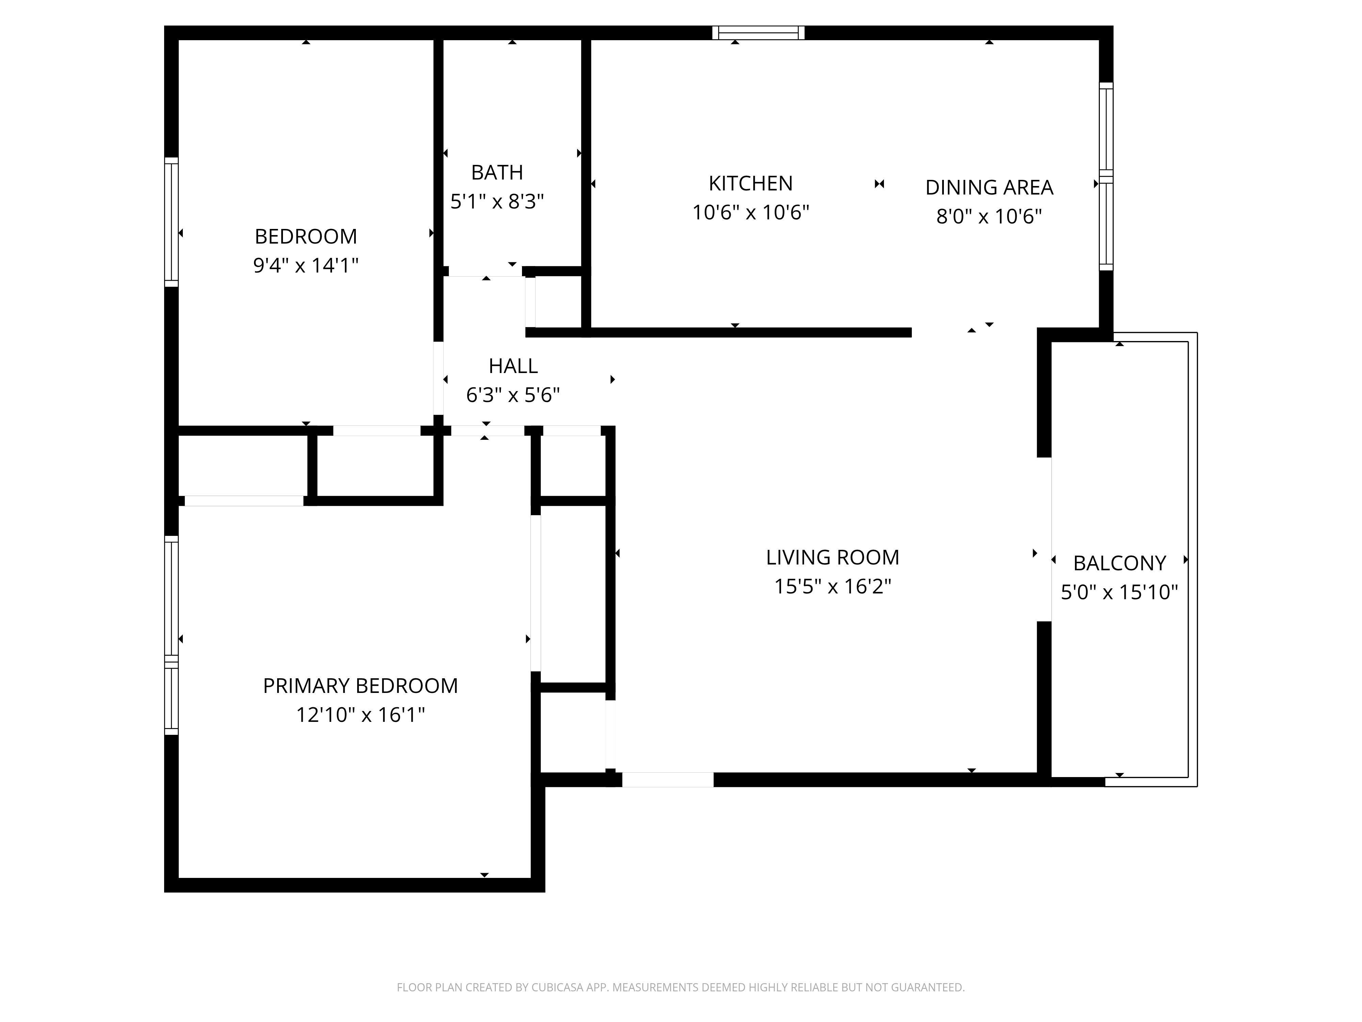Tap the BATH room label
[x=497, y=172]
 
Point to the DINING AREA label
[x=989, y=187]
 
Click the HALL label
[x=513, y=366]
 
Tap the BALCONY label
[x=1120, y=563]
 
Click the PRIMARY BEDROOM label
[x=360, y=686]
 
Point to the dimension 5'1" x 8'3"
[x=497, y=201]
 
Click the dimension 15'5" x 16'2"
[x=833, y=587]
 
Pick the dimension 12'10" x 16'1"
[x=360, y=715]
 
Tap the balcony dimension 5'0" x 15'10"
[x=1120, y=592]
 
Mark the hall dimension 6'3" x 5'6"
[x=513, y=395]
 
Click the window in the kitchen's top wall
[x=759, y=33]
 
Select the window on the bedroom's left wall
[x=171, y=222]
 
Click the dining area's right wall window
[x=1107, y=176]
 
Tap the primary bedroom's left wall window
[x=171, y=635]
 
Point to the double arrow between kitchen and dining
[x=879, y=184]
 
